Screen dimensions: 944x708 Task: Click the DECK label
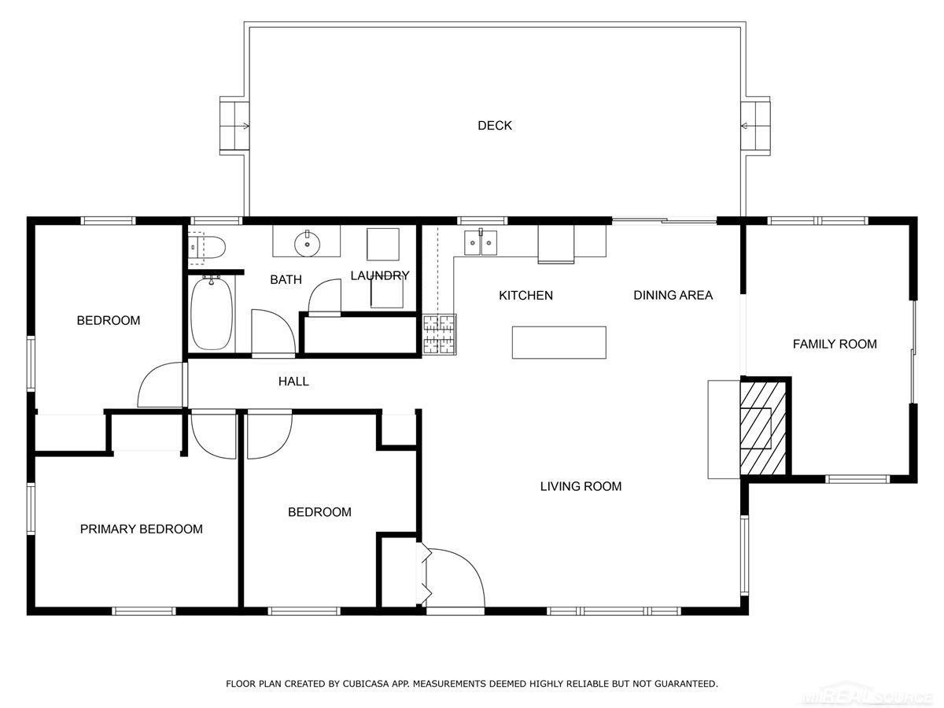[495, 126]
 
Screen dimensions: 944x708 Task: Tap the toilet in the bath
[207, 248]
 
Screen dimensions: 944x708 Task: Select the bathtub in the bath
[212, 314]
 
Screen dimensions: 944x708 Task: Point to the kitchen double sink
[481, 242]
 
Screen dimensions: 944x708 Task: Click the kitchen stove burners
[440, 334]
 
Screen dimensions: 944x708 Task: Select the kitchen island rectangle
[559, 342]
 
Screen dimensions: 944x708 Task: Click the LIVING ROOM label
[581, 486]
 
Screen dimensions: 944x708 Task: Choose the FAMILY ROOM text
[835, 344]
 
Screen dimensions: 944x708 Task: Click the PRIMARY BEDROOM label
[141, 529]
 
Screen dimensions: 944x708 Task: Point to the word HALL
[293, 382]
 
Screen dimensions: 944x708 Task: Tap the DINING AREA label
[673, 295]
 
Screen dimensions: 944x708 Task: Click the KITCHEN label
[525, 295]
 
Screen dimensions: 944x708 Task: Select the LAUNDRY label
[380, 275]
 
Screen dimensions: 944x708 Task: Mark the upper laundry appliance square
[383, 244]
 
